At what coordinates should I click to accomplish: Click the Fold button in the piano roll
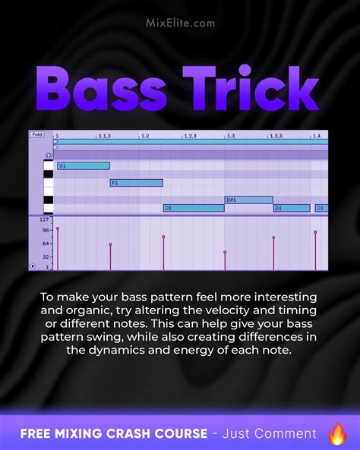37,134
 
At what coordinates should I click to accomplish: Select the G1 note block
84,165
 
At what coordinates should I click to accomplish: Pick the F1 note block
137,183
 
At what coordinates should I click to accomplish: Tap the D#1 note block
248,200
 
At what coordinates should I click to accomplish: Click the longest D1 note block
194,208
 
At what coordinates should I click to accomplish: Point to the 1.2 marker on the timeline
144,135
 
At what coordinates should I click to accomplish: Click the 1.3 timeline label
230,135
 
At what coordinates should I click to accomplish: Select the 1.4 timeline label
317,135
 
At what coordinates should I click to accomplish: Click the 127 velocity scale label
44,220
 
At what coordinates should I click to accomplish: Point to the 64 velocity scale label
46,243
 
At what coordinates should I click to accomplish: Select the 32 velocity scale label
46,256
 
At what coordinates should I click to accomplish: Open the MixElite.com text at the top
180,23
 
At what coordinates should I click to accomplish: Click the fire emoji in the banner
336,433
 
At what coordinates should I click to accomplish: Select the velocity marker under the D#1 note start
225,253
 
